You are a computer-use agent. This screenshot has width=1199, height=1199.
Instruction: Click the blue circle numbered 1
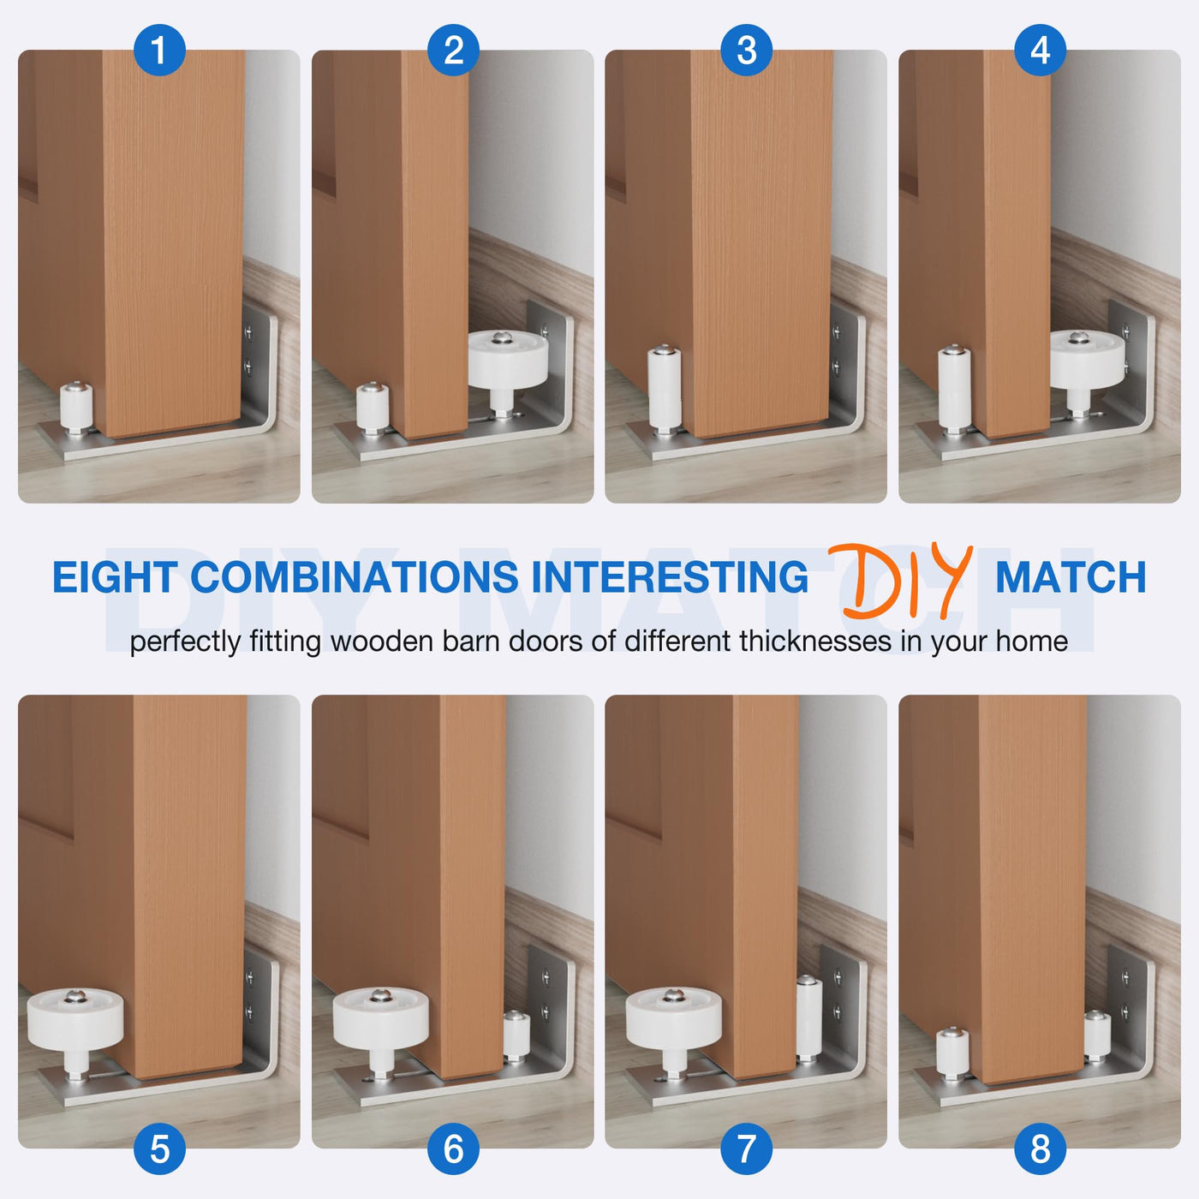pyautogui.click(x=159, y=50)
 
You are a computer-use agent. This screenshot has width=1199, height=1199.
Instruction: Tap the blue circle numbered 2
pyautogui.click(x=453, y=50)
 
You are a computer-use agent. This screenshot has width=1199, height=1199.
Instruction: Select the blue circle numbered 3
pyautogui.click(x=746, y=50)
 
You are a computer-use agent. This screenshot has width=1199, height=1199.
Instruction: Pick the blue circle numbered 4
pyautogui.click(x=1040, y=50)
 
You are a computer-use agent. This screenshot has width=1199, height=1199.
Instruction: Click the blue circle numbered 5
pyautogui.click(x=159, y=1148)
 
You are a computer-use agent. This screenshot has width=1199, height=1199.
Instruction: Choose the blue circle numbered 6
pyautogui.click(x=453, y=1148)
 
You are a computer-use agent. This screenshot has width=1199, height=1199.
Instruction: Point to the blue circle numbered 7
pyautogui.click(x=746, y=1148)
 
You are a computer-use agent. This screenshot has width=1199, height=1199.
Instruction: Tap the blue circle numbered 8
pyautogui.click(x=1040, y=1148)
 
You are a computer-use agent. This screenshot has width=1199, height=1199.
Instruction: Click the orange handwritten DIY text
pyautogui.click(x=900, y=581)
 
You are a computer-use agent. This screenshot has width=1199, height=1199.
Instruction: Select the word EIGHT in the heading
pyautogui.click(x=115, y=576)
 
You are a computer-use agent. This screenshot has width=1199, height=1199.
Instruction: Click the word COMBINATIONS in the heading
pyautogui.click(x=354, y=576)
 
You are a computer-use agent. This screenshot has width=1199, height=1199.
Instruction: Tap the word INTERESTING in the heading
pyautogui.click(x=670, y=576)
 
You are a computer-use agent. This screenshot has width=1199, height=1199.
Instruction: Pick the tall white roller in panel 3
pyautogui.click(x=664, y=385)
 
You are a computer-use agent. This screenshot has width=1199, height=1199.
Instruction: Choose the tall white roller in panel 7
pyautogui.click(x=808, y=1017)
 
